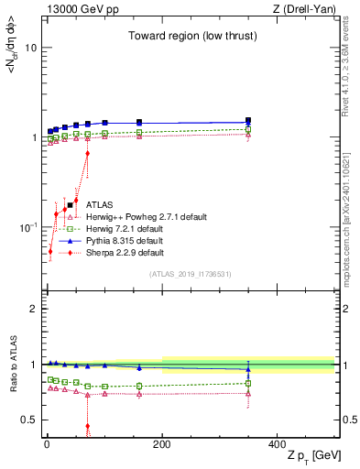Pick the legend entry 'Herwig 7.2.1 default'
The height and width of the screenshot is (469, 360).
121,229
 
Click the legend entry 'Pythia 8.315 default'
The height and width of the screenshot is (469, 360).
120,241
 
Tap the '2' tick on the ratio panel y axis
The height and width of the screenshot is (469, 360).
33,309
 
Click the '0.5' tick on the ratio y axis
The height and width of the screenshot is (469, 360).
29,420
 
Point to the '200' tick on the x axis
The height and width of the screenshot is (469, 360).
161,444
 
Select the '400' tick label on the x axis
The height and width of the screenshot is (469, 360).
277,444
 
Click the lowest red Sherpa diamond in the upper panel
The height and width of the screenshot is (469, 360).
50,250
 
